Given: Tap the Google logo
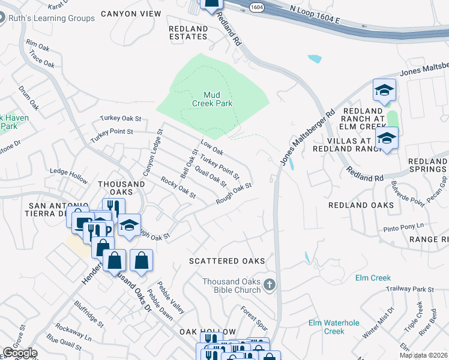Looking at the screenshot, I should point(20,353).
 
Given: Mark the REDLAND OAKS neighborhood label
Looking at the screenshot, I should point(361,205).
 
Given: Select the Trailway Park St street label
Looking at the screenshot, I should point(411,289).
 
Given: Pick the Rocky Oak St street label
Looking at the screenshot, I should point(178,188).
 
